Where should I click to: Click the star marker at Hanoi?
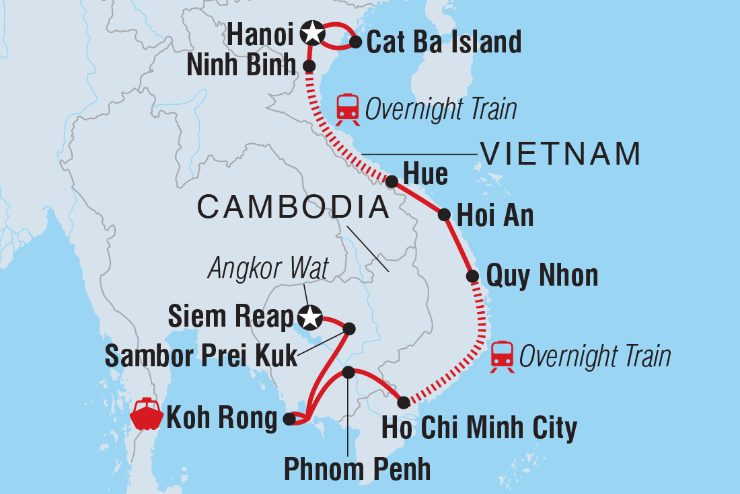tap(311, 32)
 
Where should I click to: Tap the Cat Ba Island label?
tap(444, 42)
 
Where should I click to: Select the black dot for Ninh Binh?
tap(309, 66)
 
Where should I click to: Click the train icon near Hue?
tap(347, 108)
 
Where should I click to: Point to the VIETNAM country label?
tap(560, 155)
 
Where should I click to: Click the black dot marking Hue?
tap(391, 181)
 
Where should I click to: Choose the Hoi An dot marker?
tap(444, 215)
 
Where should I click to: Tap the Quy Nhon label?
tap(542, 276)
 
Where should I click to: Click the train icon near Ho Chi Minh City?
tap(503, 356)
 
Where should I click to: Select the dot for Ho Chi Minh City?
tap(403, 403)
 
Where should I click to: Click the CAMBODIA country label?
tap(293, 208)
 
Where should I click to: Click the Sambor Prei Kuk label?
tap(200, 356)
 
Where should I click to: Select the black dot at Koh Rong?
tap(289, 419)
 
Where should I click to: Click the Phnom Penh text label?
tap(357, 469)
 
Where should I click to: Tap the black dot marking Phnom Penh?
tap(348, 372)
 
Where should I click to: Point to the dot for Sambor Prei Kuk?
tap(349, 329)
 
